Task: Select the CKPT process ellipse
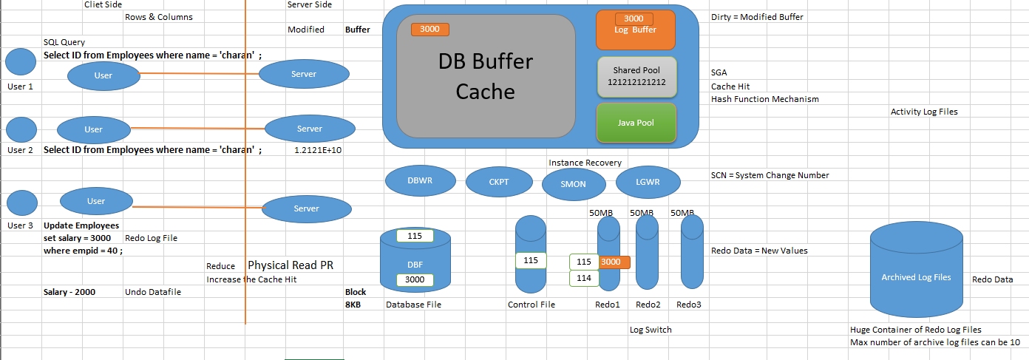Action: pos(499,182)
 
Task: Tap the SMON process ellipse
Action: pos(574,184)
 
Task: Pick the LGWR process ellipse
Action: pos(648,182)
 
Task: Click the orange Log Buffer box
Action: pos(635,30)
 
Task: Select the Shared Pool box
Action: pos(636,77)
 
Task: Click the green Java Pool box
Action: pos(636,123)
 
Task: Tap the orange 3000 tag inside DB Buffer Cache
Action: pos(429,30)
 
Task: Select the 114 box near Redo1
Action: pos(583,279)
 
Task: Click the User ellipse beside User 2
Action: pos(94,129)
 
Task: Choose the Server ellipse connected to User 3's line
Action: pos(306,208)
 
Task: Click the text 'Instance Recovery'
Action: pos(585,163)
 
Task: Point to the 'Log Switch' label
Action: pos(651,330)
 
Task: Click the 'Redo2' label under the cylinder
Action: pos(648,305)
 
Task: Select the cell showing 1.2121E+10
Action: pos(317,150)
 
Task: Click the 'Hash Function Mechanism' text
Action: pos(764,99)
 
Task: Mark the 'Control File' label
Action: pos(531,305)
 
